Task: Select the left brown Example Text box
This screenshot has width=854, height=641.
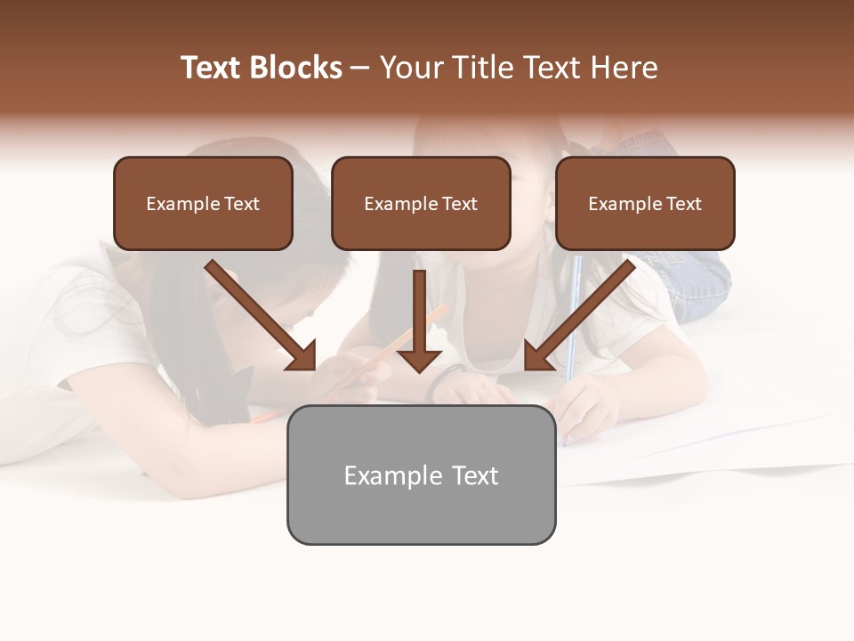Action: coord(203,204)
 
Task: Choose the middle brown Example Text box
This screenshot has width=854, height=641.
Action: coord(421,204)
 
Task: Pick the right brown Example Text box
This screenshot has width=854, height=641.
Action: coord(645,204)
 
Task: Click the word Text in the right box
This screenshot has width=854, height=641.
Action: coord(683,204)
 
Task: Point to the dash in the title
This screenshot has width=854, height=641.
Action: coord(360,69)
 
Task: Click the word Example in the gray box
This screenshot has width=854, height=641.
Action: coord(391,475)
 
